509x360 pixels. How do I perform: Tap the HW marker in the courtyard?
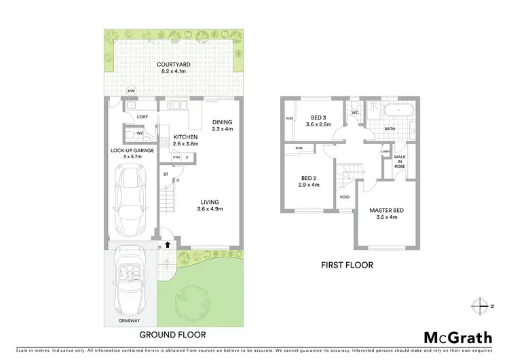coord(132,90)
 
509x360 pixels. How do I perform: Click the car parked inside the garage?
coord(129,196)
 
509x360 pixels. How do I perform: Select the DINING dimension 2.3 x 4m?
coord(222,129)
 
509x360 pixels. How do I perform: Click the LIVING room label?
coord(212,201)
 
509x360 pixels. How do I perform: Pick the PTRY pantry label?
coord(176,158)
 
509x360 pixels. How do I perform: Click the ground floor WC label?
coord(139,134)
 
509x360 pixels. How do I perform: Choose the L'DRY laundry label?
coord(142,117)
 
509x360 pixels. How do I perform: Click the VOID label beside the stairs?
coord(344,199)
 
